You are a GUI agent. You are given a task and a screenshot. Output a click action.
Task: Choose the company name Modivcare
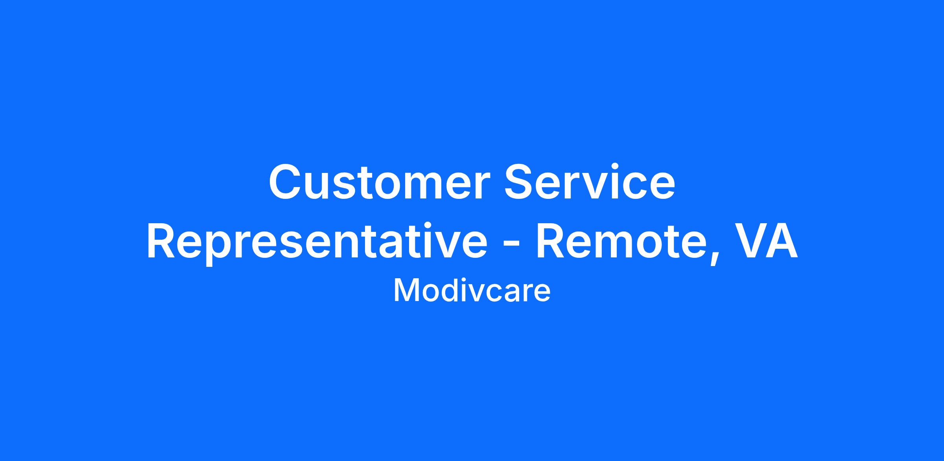point(472,290)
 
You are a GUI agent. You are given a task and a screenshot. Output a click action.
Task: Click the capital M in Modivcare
point(406,290)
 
